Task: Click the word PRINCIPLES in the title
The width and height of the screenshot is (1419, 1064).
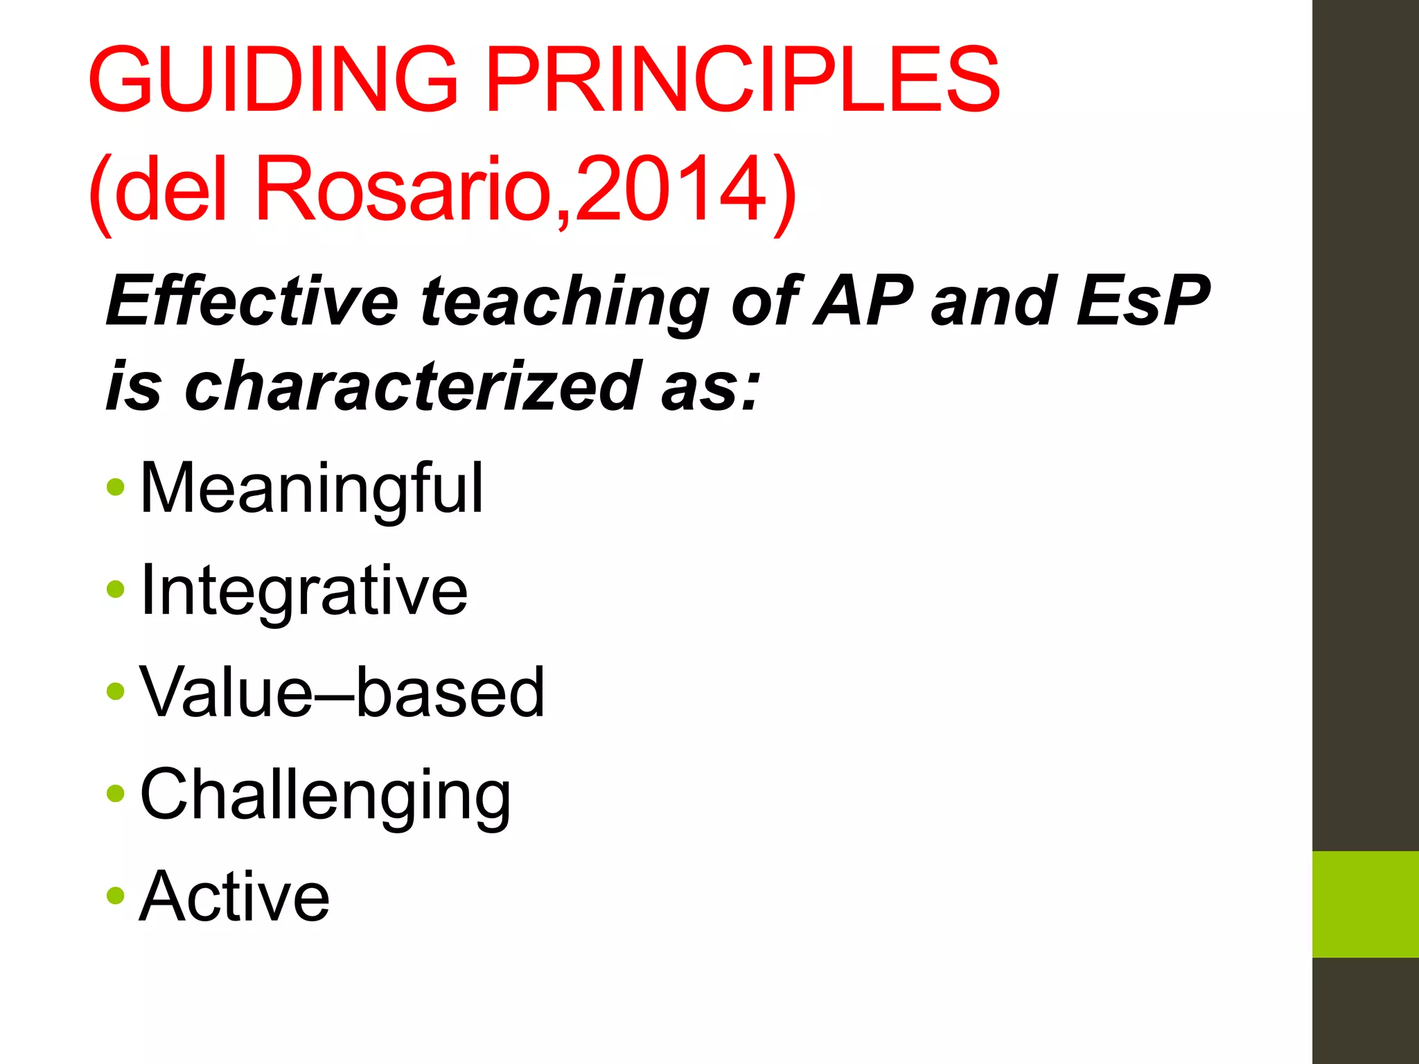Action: [743, 79]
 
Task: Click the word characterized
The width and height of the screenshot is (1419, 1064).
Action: [412, 385]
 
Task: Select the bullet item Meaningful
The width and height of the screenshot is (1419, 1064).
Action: [311, 489]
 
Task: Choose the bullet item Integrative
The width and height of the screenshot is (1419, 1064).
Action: [303, 591]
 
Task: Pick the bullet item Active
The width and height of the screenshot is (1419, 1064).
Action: [234, 896]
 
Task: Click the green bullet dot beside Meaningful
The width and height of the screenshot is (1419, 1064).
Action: [116, 487]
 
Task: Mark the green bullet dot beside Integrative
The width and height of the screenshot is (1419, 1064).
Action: [116, 589]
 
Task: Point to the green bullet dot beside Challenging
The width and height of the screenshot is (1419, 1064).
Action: [116, 793]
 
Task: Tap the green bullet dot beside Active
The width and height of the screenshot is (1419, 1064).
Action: [116, 895]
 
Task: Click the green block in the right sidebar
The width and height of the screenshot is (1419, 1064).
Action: [1365, 904]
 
